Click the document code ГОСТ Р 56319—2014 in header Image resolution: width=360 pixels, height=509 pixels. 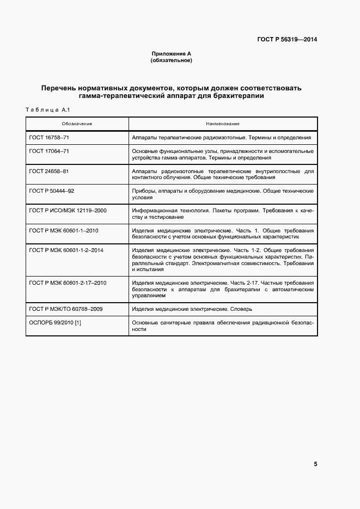tap(287, 39)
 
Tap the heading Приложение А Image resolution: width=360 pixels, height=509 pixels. tap(171, 54)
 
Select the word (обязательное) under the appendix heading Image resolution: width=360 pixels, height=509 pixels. tap(171, 60)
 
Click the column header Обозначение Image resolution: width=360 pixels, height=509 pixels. tap(77, 124)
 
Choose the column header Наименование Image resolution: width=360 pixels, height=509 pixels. tap(223, 124)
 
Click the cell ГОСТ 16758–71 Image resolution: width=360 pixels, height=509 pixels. tap(49, 138)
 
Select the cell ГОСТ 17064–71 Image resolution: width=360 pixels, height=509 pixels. tap(49, 151)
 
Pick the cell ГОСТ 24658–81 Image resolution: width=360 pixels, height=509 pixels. tap(49, 171)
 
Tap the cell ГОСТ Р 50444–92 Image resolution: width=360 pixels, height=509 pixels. tap(52, 191)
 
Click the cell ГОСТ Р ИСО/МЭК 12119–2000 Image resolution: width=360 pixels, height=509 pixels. tap(68, 211)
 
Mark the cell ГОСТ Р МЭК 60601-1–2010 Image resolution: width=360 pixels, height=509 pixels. tap(64, 230)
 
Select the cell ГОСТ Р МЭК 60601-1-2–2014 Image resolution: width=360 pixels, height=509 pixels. tap(66, 250)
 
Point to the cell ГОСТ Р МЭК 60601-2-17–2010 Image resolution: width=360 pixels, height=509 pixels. tap(68, 283)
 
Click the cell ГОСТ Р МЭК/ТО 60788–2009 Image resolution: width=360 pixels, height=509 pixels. tap(66, 309)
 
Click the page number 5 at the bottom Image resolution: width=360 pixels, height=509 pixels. tap(315, 464)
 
